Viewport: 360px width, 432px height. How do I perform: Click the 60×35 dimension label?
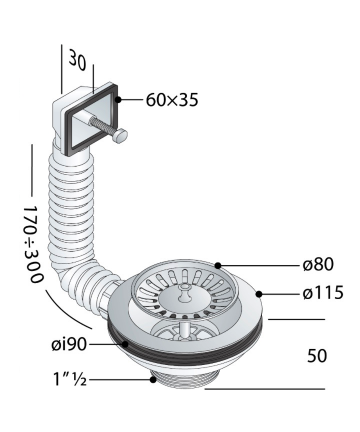pyautogui.click(x=172, y=100)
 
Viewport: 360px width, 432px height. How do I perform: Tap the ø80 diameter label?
pyautogui.click(x=318, y=265)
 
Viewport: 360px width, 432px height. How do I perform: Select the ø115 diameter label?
pyautogui.click(x=323, y=293)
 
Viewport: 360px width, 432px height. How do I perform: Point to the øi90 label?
pyautogui.click(x=69, y=344)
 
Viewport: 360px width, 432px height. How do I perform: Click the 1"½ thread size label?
pyautogui.click(x=70, y=379)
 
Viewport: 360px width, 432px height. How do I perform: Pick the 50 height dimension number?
pyautogui.click(x=317, y=356)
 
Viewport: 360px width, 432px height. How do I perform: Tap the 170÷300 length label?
pyautogui.click(x=33, y=244)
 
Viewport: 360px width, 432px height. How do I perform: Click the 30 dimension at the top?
pyautogui.click(x=78, y=60)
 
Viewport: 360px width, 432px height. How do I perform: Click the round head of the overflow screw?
pyautogui.click(x=121, y=136)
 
